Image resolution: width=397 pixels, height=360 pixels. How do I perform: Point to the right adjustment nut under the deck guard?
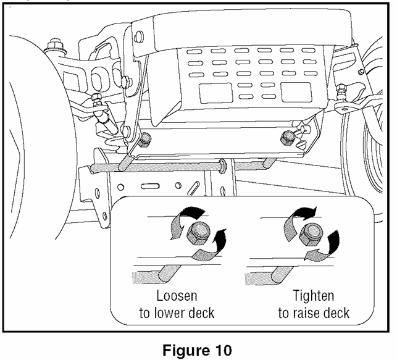tap(288, 136)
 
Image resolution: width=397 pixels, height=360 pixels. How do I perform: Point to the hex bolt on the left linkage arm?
tap(97, 99)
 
